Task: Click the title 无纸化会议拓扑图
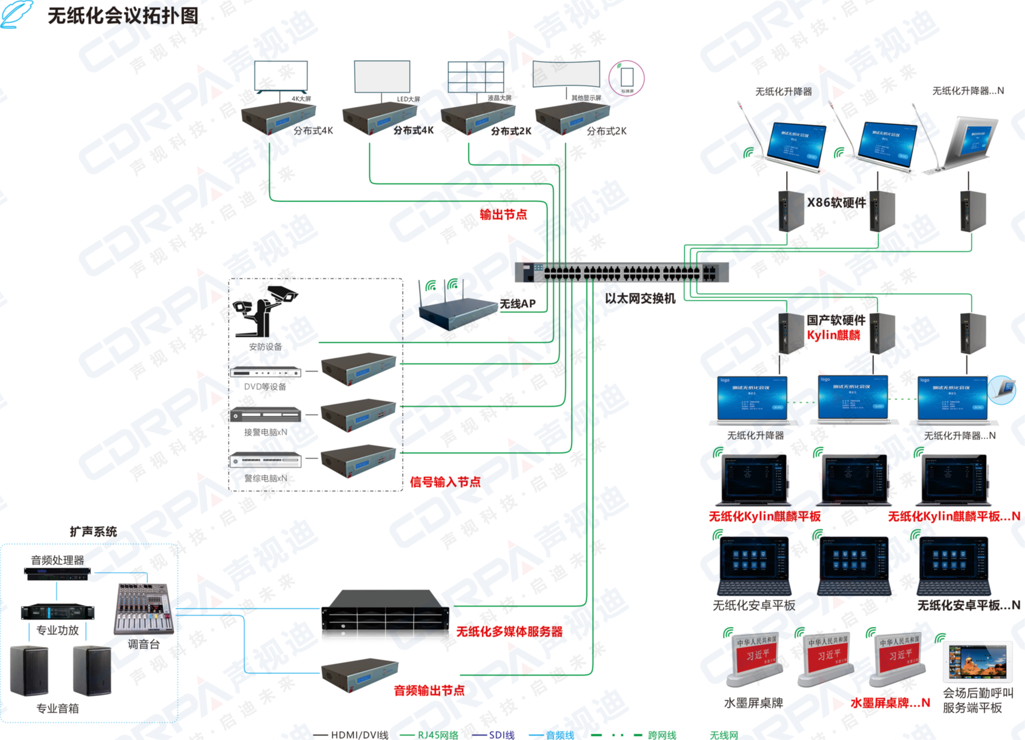pos(123,16)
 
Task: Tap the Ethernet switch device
pos(622,272)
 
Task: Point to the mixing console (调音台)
pos(144,609)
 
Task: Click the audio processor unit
pos(57,574)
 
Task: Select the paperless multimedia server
pos(385,614)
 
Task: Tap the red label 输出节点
pos(503,214)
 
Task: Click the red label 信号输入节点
pos(445,482)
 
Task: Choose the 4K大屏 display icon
pos(281,76)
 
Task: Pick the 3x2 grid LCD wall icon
pos(476,77)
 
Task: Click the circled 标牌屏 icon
pos(626,78)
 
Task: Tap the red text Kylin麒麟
pos(833,335)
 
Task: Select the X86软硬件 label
pos(836,203)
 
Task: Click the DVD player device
pos(265,372)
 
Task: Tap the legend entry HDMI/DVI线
pos(359,735)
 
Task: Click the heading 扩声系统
pos(93,531)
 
